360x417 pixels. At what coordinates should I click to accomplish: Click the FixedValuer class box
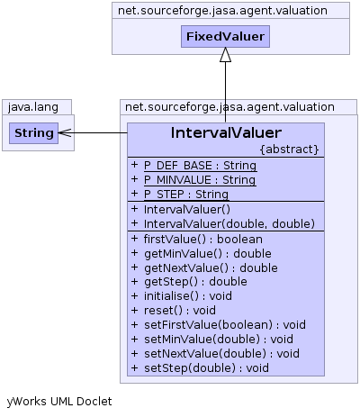point(225,36)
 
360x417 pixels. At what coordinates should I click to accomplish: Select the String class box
point(33,133)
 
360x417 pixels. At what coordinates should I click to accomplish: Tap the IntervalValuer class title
point(226,132)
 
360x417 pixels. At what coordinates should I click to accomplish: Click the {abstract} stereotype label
point(289,150)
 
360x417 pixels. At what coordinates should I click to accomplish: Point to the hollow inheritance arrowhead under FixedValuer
point(225,54)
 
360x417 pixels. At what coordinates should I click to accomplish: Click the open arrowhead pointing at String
point(65,132)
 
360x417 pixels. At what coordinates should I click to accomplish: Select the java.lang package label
point(33,107)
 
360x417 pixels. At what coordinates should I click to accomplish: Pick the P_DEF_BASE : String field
point(200,166)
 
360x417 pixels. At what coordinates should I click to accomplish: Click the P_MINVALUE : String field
point(200,180)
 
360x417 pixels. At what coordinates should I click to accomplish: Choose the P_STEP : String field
point(186,195)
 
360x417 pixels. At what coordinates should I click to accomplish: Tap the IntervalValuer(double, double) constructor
point(229,223)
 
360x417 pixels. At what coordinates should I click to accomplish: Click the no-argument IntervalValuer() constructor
point(187,209)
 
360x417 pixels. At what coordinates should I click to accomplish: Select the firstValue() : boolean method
point(203,240)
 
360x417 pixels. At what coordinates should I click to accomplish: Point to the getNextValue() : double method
point(211,267)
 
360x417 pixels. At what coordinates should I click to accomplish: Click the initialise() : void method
point(188,296)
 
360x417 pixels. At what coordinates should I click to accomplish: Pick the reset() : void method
point(180,310)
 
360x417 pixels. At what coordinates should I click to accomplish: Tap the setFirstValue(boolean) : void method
point(225,325)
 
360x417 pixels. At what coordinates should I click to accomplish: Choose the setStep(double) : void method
point(206,368)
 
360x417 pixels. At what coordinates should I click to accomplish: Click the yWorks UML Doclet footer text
point(59,402)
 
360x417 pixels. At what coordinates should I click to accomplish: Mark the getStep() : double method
point(195,282)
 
